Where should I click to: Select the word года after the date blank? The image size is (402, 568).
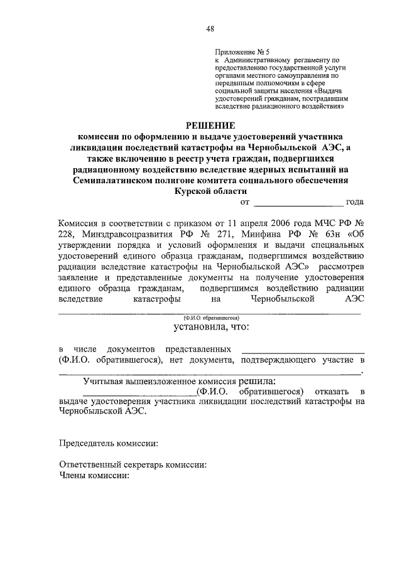[355, 203]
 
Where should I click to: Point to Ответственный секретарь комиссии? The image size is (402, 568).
[133, 466]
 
